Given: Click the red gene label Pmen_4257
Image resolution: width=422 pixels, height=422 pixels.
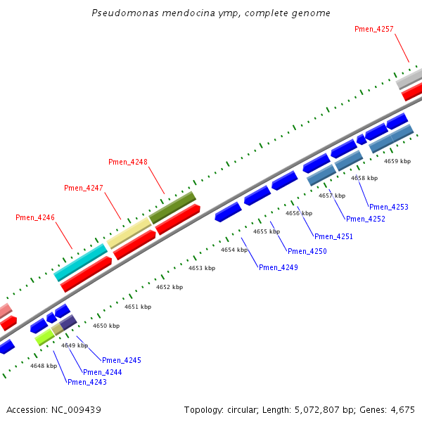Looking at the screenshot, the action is click(374, 29).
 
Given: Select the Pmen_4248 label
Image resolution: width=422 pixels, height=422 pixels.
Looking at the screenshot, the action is click(128, 162).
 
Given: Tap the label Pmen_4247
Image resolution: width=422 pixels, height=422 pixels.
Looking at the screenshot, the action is click(84, 188).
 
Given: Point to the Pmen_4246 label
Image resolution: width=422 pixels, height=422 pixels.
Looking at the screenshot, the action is click(35, 218).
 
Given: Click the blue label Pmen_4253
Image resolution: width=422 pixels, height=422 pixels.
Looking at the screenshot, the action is click(389, 207).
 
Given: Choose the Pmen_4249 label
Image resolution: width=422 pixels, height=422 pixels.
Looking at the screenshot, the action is click(279, 267).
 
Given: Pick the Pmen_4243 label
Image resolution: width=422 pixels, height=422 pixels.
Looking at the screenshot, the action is click(87, 382).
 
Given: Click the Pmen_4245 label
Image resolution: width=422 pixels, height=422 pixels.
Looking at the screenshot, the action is click(122, 360).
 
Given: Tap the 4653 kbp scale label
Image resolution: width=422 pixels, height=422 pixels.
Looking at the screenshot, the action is click(200, 268).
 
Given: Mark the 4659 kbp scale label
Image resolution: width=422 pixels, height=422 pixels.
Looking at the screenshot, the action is click(397, 161).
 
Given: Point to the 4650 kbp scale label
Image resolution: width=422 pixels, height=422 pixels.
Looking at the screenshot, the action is click(106, 326).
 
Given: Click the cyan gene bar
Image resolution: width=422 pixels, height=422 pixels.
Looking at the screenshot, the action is click(81, 262).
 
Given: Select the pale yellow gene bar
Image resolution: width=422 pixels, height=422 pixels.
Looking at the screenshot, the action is click(129, 233).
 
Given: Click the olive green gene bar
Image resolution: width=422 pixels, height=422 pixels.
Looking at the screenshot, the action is click(172, 207).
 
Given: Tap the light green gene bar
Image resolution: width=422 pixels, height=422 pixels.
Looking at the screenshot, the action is click(45, 337).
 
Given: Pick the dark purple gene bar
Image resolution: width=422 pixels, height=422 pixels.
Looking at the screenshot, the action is click(68, 323).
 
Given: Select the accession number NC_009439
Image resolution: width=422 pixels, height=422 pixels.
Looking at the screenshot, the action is click(73, 409).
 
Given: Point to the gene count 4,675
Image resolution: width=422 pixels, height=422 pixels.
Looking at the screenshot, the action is click(404, 409).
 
